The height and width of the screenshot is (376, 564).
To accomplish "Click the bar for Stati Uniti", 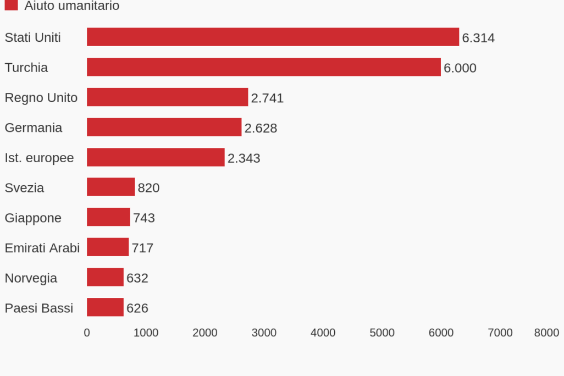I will [273, 37].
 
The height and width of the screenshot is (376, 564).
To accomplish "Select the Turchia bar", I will [264, 67].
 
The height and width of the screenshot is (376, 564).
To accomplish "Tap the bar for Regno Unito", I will [167, 97].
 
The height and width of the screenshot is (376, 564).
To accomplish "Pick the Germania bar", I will [164, 127].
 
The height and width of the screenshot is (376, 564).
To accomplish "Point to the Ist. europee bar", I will [156, 157].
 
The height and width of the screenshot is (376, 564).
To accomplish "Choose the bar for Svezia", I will [110, 187].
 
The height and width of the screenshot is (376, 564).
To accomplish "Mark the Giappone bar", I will [108, 217].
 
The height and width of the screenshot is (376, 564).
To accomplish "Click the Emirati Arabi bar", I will [108, 247].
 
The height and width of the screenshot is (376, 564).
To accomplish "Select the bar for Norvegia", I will [105, 277].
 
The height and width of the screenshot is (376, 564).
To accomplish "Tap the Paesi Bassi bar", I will [105, 307].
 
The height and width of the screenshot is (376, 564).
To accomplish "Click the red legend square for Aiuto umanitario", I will [11, 5].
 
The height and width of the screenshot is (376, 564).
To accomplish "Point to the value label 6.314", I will [478, 38].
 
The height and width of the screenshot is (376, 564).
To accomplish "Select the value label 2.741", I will [267, 98].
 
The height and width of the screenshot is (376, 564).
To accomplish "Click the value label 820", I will [148, 188].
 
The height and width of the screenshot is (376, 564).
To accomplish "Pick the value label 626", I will [137, 308].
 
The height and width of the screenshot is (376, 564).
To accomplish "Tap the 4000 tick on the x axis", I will [323, 333].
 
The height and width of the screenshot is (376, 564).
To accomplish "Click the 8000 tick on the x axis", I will [546, 333].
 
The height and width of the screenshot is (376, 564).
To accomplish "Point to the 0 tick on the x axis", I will [87, 333].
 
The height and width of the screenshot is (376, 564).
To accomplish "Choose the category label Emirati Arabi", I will [42, 248].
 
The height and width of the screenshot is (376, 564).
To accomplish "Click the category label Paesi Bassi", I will [39, 308].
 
